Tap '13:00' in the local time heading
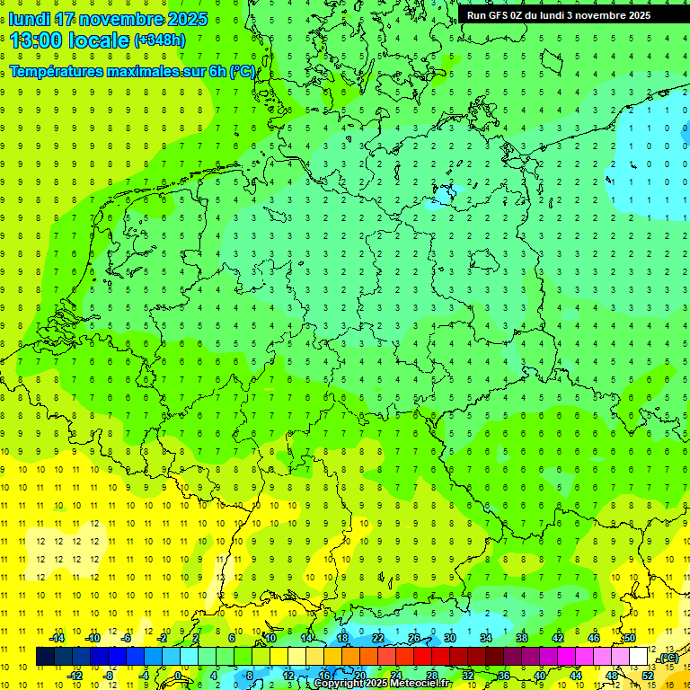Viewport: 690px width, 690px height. pyautogui.click(x=35, y=40)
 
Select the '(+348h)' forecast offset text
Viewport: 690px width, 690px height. pyautogui.click(x=160, y=40)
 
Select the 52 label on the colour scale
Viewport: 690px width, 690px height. pyautogui.click(x=648, y=675)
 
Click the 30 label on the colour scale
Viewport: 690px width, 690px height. pyautogui.click(x=450, y=638)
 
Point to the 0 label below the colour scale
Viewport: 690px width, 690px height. pyautogui.click(x=177, y=675)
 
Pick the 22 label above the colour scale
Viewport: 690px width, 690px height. pyautogui.click(x=378, y=638)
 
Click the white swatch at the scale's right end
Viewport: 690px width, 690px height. pyautogui.click(x=638, y=657)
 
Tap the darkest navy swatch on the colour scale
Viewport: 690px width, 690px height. pyautogui.click(x=45, y=657)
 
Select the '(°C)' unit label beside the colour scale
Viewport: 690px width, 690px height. pyautogui.click(x=668, y=659)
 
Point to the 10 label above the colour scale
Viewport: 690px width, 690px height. pyautogui.click(x=270, y=638)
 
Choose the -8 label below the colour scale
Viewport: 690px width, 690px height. pyautogui.click(x=109, y=675)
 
